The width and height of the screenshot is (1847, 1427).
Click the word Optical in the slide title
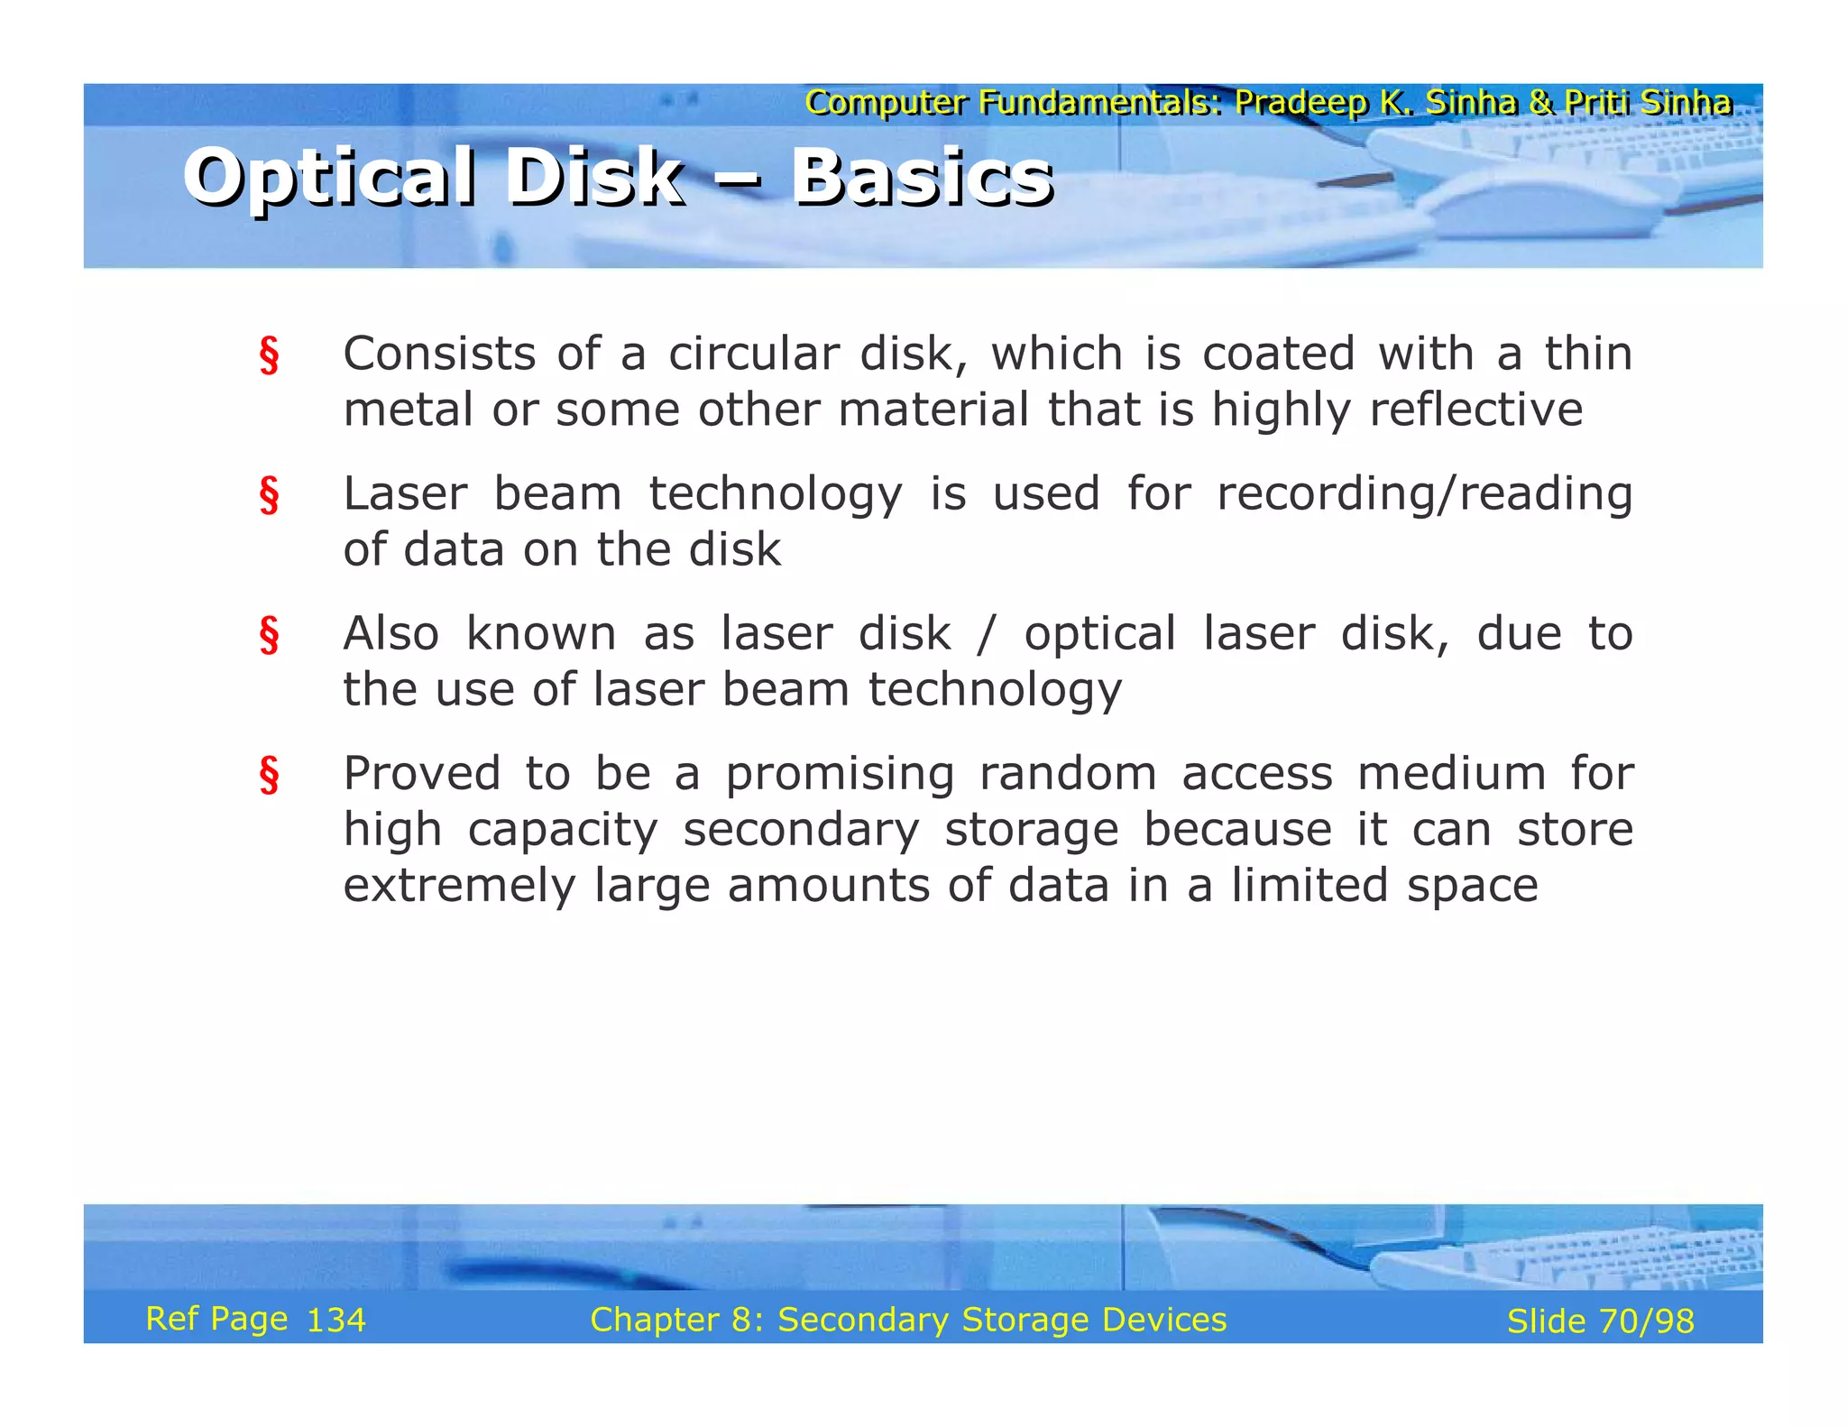click(328, 177)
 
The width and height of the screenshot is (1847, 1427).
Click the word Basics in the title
click(922, 177)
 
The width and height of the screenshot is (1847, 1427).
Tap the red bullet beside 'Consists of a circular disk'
click(269, 355)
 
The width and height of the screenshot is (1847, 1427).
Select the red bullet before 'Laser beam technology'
click(269, 495)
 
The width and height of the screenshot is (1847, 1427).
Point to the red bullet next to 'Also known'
click(269, 635)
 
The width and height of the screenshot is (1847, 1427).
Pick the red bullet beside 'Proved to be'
click(269, 775)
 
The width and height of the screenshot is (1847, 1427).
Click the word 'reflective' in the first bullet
click(1475, 410)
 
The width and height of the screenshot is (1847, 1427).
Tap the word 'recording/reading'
click(1424, 494)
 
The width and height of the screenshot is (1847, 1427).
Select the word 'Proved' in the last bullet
click(421, 774)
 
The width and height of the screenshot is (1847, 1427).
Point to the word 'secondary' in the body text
click(801, 830)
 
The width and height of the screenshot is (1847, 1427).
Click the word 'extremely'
click(458, 886)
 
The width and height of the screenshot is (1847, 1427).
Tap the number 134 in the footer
click(335, 1321)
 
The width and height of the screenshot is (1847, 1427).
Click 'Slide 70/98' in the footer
click(1600, 1321)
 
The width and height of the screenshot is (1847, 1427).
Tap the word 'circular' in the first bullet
click(752, 354)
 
